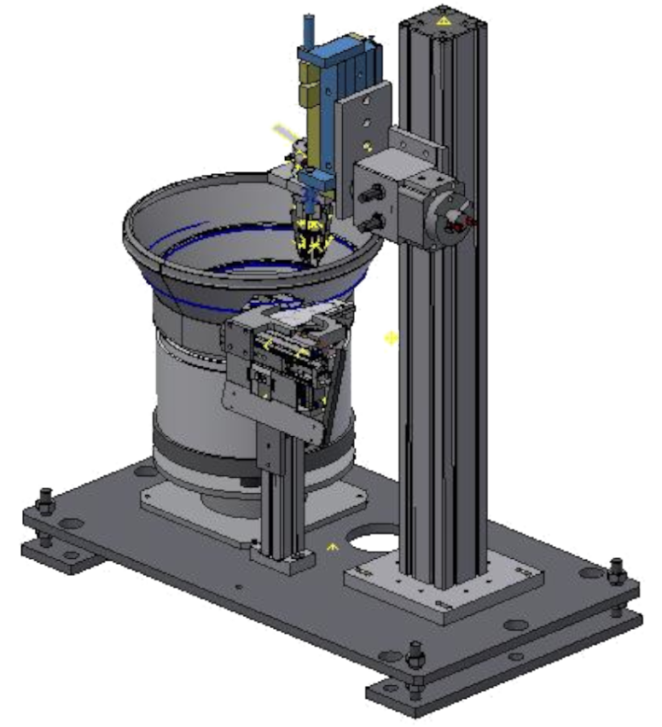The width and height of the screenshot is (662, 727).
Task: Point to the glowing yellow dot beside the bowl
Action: tap(391, 339)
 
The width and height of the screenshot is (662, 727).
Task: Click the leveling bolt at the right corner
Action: tap(617, 570)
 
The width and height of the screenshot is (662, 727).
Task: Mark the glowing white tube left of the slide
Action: tap(282, 131)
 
